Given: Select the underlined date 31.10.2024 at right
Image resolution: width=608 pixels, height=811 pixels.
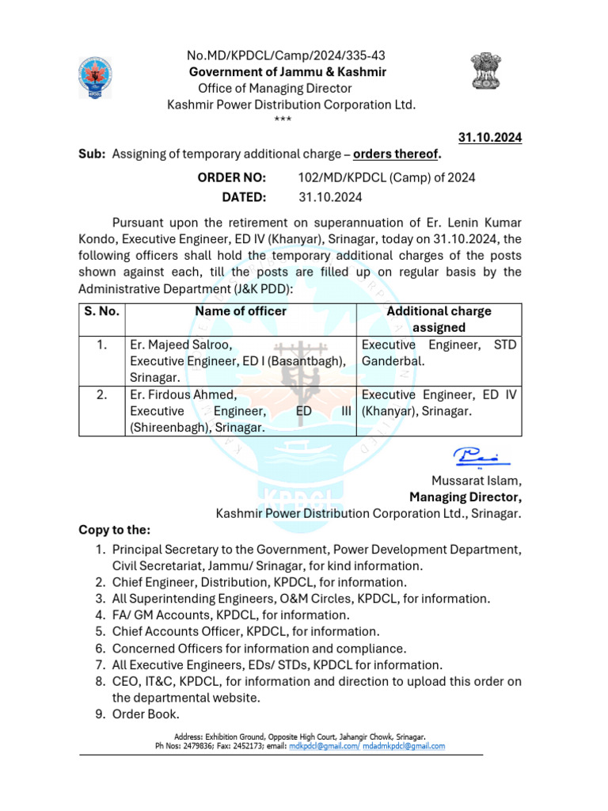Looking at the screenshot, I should click(x=491, y=137).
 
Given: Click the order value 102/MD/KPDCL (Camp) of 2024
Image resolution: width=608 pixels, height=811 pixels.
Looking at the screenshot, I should click(x=386, y=177).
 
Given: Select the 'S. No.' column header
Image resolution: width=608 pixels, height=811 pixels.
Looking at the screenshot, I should click(x=101, y=311).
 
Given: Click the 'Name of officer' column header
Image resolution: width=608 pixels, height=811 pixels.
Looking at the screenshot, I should click(x=241, y=311).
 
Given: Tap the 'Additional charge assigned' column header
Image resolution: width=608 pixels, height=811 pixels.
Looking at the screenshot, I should click(x=439, y=319).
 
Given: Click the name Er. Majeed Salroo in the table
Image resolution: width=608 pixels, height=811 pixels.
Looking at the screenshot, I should click(x=180, y=345).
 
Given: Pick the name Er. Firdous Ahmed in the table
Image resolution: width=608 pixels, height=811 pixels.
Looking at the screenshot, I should click(x=183, y=395).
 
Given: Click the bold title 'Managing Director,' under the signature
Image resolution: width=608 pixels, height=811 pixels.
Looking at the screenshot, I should click(x=465, y=497).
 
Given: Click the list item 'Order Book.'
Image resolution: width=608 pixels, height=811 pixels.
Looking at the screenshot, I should click(x=139, y=714).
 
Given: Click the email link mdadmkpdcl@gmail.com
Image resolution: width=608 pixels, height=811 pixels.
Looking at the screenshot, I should click(x=404, y=746).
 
